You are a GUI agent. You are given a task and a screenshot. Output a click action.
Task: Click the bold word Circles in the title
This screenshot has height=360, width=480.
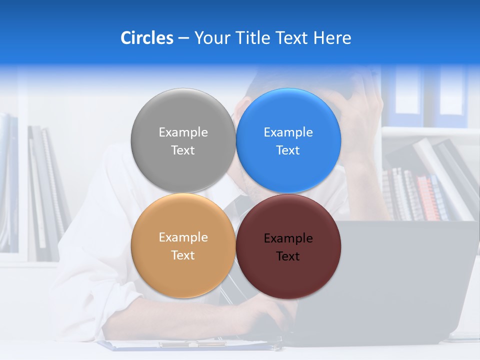tap(147, 38)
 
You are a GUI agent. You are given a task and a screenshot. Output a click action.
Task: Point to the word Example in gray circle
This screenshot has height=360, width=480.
tap(183, 132)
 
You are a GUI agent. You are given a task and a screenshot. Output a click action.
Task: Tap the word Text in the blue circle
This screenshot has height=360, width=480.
tap(288, 150)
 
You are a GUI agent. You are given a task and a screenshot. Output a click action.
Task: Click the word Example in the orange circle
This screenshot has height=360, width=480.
tap(183, 237)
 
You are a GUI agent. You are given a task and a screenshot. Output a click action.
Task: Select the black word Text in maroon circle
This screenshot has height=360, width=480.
tap(288, 256)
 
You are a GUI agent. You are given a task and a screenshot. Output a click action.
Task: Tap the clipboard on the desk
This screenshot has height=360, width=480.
tap(185, 344)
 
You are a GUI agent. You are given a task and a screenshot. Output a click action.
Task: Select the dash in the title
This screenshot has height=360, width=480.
tap(183, 38)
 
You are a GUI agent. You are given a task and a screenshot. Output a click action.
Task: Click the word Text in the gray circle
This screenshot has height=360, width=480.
tap(183, 150)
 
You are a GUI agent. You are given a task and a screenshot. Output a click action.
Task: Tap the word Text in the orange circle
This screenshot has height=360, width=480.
tap(183, 255)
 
